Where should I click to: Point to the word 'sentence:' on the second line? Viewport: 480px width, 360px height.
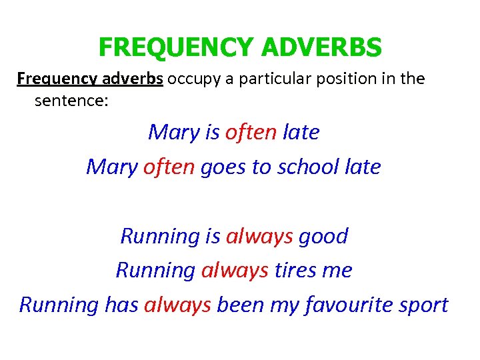71,101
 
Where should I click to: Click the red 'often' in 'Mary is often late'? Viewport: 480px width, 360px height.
251,132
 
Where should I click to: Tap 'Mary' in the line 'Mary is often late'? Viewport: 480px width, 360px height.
173,132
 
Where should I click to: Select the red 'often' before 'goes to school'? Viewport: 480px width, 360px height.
169,167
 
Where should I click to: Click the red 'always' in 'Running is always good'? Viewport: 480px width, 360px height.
259,236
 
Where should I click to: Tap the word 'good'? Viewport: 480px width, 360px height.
323,236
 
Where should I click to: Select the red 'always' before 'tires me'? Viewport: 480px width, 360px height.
235,270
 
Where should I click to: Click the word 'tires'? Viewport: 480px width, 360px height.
295,270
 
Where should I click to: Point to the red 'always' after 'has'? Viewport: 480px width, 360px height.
177,305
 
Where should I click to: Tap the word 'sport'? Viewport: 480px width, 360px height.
423,305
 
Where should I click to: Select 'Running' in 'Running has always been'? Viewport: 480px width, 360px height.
59,305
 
